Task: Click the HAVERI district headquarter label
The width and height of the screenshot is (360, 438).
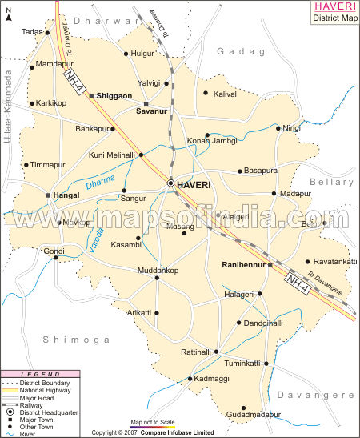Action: [x=194, y=184]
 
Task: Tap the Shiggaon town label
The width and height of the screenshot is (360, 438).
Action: [x=115, y=96]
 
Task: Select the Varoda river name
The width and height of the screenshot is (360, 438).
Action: [x=96, y=240]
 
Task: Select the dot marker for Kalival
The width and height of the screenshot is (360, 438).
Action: [x=206, y=94]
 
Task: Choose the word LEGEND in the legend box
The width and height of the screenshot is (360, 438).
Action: [x=33, y=373]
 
